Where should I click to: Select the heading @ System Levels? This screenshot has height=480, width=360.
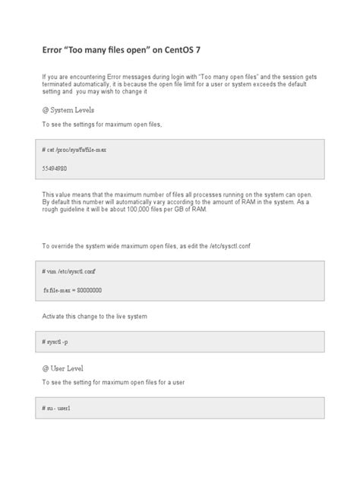point(69,109)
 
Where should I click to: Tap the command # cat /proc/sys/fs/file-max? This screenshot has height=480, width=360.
point(74,150)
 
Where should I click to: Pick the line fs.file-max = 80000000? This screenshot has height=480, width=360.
point(73,290)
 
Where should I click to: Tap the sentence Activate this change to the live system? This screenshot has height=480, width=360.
point(94,315)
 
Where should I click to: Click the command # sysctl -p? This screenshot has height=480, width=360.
point(55,342)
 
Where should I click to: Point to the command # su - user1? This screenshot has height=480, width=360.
point(57,408)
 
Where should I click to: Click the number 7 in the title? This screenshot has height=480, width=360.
point(201,52)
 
